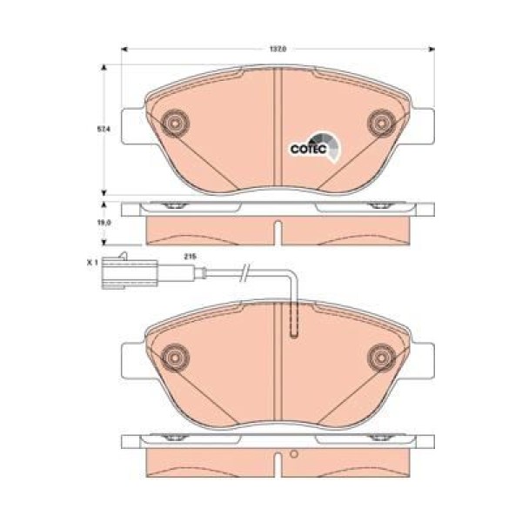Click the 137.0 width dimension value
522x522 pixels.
click(276, 50)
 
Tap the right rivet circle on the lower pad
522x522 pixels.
click(380, 355)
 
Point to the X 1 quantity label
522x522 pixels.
click(92, 259)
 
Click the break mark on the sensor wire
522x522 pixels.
click(247, 277)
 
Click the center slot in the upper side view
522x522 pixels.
click(277, 233)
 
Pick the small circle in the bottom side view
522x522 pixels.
click(294, 453)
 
